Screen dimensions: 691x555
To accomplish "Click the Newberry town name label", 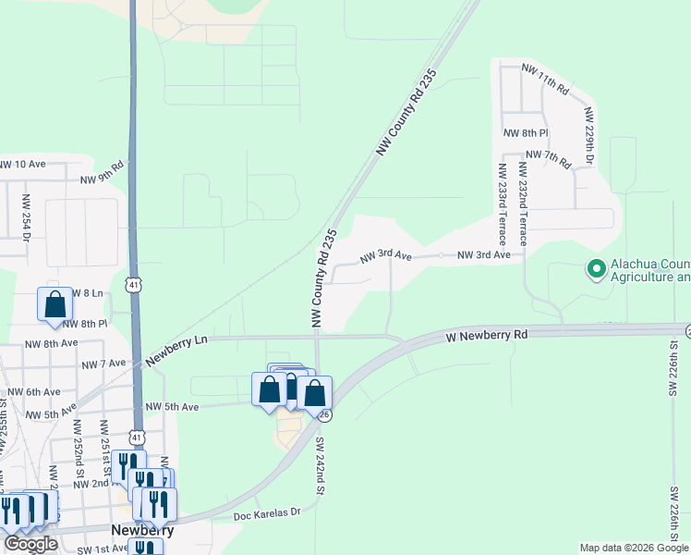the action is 138,530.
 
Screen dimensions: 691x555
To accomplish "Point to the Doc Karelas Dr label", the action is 268,513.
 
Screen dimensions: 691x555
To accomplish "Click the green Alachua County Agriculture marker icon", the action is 596,269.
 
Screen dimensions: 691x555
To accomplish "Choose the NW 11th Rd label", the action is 545,78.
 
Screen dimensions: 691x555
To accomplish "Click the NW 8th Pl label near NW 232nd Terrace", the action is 526,133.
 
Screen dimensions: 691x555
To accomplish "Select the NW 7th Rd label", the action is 549,156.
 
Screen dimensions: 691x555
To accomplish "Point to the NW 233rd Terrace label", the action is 503,203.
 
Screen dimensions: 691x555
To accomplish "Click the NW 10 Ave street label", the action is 22,164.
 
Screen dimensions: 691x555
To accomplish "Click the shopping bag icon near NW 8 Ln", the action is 55,303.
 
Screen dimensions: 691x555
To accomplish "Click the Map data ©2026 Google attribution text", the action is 633,548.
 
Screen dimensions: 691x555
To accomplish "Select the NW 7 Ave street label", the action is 103,364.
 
